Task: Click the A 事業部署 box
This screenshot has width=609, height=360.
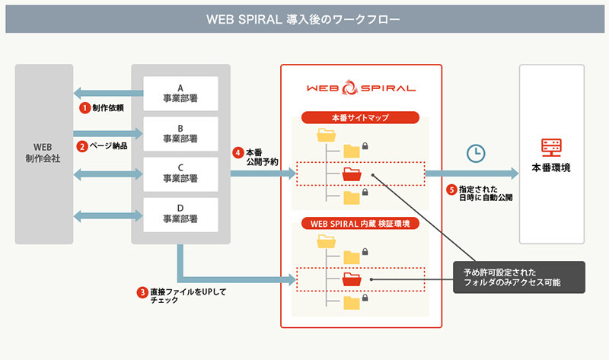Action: [x=180, y=92]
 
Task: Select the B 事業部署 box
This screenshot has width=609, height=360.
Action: [x=180, y=133]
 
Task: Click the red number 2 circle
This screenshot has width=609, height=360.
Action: [x=81, y=145]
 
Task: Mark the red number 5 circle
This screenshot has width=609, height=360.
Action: [x=451, y=190]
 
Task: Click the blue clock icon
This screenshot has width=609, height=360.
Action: [x=476, y=152]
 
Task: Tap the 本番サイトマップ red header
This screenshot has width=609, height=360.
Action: [x=361, y=118]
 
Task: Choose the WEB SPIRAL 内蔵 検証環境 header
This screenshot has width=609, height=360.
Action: [x=361, y=224]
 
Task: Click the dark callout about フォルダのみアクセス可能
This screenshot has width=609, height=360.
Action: [x=517, y=277]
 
